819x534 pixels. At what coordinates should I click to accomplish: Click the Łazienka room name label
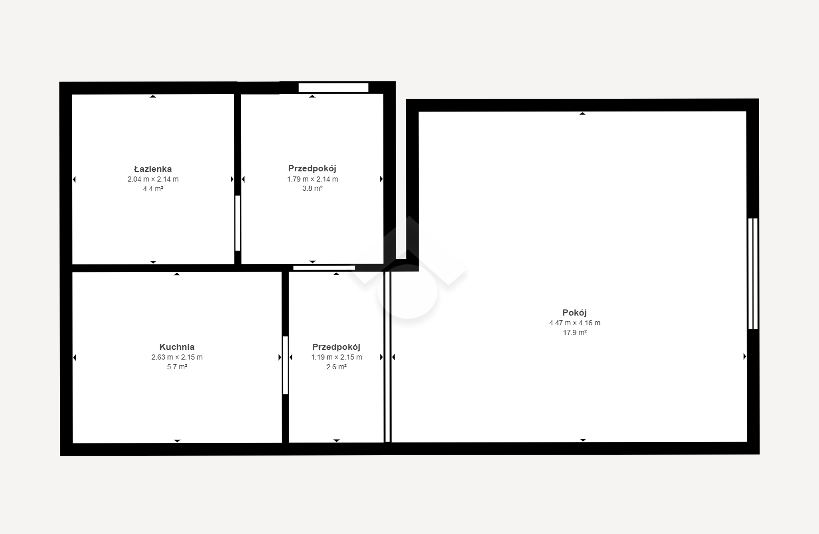153,169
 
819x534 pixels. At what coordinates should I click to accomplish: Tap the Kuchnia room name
177,347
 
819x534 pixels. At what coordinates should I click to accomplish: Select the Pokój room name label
574,313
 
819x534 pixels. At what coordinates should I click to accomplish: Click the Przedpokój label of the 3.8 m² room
312,168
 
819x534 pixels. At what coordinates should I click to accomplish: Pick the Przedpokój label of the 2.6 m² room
336,347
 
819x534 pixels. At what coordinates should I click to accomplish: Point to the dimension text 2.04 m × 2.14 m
153,179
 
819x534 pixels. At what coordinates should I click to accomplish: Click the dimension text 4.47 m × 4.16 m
575,323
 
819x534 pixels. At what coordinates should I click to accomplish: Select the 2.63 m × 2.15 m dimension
177,357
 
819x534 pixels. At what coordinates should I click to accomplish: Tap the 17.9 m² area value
575,332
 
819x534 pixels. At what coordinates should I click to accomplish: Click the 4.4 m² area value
153,189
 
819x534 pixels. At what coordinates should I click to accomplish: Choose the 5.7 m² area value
177,367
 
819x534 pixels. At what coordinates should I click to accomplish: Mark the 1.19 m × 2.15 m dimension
336,357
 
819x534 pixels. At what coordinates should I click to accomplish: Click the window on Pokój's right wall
753,274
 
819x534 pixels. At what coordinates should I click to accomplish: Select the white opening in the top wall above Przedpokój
333,87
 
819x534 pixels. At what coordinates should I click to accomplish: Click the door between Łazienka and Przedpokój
238,223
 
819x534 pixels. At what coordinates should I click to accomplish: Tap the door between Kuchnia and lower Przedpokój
285,365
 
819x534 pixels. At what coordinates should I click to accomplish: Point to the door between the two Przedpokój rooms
324,268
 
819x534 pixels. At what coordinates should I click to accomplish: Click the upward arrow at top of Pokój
583,114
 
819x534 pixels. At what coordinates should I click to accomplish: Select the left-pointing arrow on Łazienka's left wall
74,180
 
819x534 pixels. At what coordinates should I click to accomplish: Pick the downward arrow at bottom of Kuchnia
177,441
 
